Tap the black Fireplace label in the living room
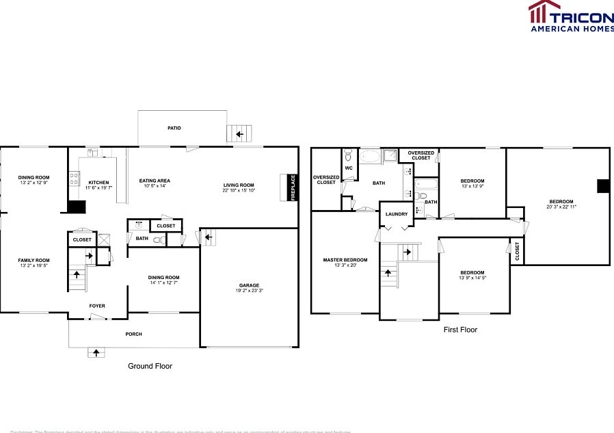tap(293, 187)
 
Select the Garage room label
tap(249, 285)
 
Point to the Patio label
tap(174, 128)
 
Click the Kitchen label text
tap(98, 183)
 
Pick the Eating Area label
tap(155, 181)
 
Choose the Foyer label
tap(97, 306)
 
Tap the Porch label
tap(133, 334)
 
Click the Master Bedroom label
tap(345, 260)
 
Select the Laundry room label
tap(397, 214)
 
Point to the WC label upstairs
tap(349, 168)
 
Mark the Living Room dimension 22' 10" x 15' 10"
tap(238, 190)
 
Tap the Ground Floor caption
tap(150, 366)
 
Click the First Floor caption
tap(460, 330)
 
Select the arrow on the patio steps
tap(240, 134)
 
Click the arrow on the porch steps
tap(96, 353)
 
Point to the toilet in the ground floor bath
tap(159, 239)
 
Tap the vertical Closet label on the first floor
tap(518, 251)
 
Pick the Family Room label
tap(34, 260)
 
